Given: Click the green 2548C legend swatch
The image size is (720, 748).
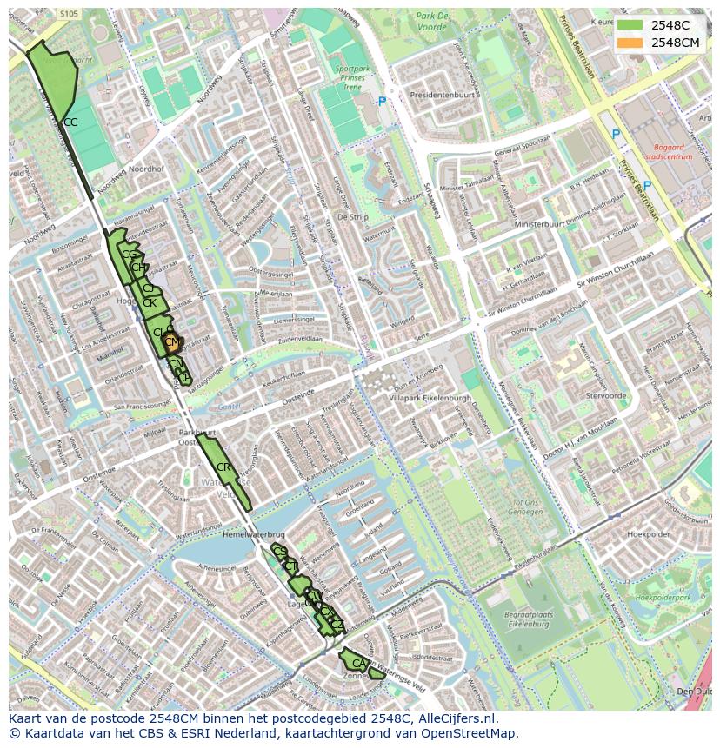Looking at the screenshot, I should pos(630,25).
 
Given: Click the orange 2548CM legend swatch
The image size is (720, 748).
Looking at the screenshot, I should pos(630,42).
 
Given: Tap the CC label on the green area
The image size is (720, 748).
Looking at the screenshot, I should pos(70,122).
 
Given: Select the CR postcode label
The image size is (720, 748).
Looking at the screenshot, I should pos(223,467).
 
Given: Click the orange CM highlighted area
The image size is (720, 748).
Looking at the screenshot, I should pos(172,342).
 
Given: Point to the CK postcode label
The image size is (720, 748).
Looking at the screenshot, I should pos(150,303).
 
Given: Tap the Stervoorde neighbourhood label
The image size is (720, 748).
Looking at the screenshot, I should pos(606,395).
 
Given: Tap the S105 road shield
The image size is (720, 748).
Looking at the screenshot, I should pos(70,14).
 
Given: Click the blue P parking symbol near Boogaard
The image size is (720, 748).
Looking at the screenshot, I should pos(616,135).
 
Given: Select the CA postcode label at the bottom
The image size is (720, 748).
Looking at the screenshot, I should pos(358,663).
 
